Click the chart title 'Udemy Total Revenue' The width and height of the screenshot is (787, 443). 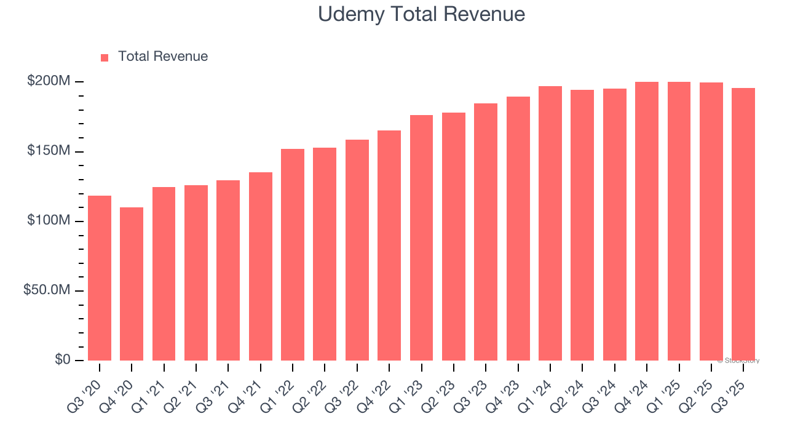[421, 14]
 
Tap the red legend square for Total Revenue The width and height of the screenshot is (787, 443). [105, 57]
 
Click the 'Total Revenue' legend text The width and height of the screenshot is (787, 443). [163, 57]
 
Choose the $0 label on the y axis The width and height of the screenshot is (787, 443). [62, 359]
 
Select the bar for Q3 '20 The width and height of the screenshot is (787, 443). [100, 278]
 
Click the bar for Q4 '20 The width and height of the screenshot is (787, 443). [132, 284]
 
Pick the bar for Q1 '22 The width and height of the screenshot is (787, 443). [293, 255]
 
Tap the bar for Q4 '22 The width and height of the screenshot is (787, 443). [389, 245]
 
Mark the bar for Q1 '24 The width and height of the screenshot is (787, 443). [550, 223]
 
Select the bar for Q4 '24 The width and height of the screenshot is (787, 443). [647, 221]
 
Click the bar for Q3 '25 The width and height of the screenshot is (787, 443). [743, 225]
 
